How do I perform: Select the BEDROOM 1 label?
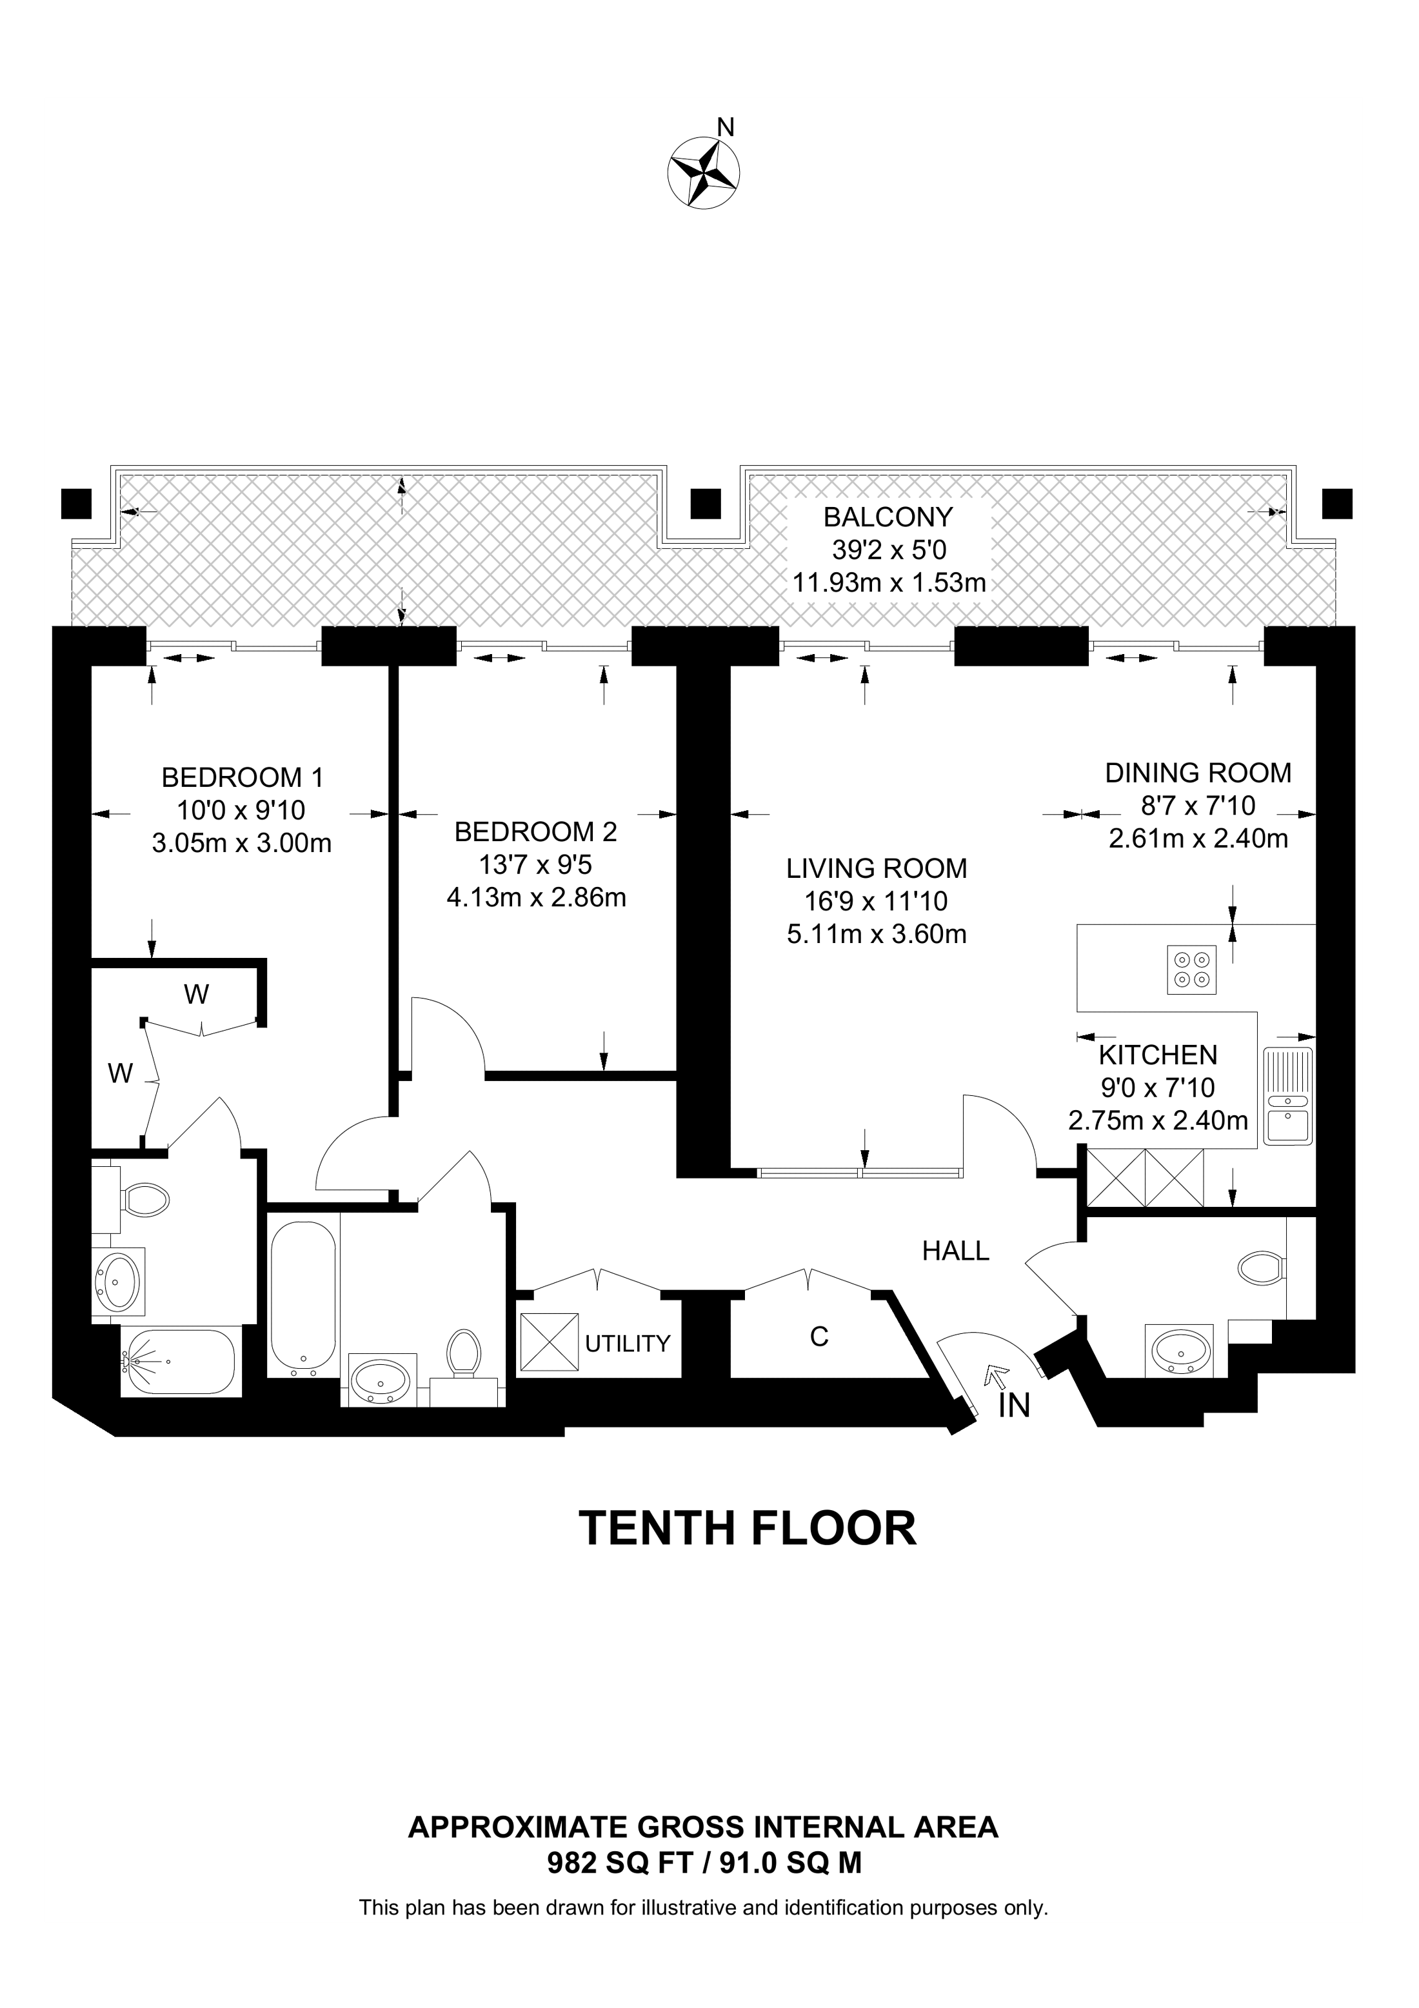(x=242, y=777)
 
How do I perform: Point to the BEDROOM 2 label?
(x=535, y=831)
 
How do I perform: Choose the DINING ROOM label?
(x=1198, y=773)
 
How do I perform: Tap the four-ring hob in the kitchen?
(x=1191, y=970)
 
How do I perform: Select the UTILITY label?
(x=627, y=1344)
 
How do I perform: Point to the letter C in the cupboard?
(x=819, y=1337)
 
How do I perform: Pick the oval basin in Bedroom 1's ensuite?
(x=117, y=1280)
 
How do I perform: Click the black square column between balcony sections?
(x=705, y=504)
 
